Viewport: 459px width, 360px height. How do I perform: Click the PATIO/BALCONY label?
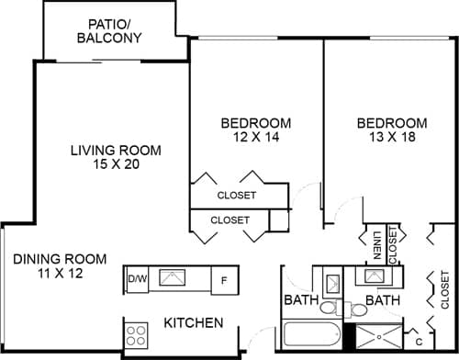tap(115, 30)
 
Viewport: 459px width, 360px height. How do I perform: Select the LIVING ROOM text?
tap(116, 151)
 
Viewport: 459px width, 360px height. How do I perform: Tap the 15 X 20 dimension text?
tap(116, 165)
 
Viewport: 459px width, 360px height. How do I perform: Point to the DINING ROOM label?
tap(60, 258)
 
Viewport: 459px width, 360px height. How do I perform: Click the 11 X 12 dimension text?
tap(60, 274)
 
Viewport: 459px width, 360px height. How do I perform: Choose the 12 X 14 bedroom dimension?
tap(256, 137)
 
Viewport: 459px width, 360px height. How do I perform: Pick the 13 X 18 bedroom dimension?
tap(392, 137)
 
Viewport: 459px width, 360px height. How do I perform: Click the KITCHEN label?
tap(193, 323)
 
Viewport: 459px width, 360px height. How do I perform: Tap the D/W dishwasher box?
tap(137, 278)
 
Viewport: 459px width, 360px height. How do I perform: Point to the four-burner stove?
tap(137, 332)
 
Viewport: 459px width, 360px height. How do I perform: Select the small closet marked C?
tap(419, 332)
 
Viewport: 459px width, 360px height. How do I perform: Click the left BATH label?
tap(300, 300)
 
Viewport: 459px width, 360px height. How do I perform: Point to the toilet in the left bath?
tap(333, 308)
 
